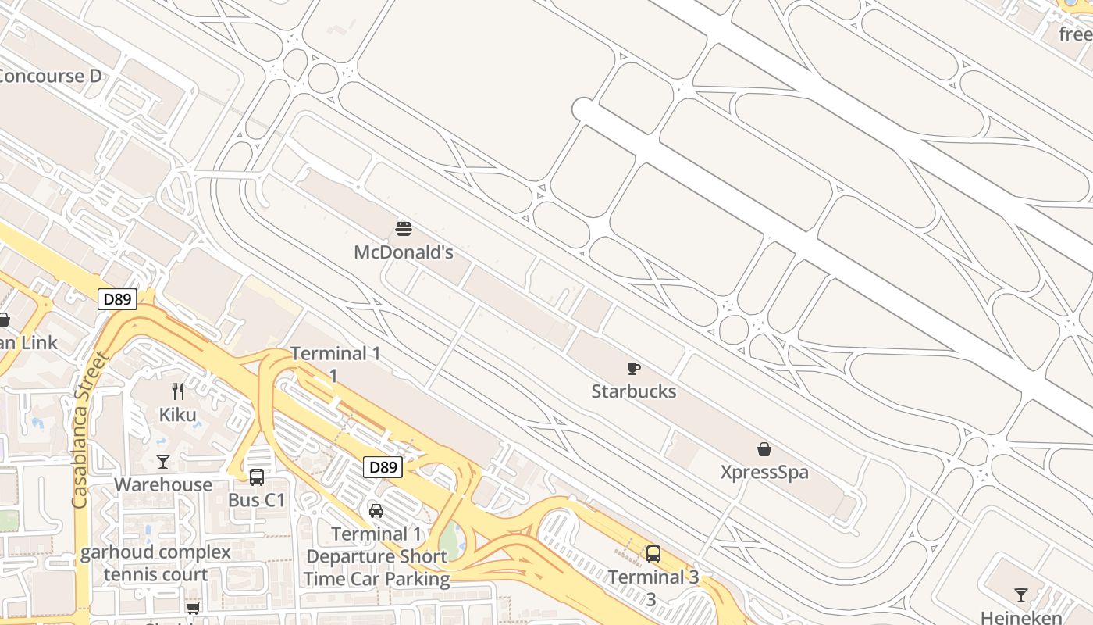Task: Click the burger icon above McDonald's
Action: coord(404,229)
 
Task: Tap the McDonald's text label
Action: coord(404,252)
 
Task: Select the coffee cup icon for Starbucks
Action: coord(634,368)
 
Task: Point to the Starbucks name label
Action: coord(634,391)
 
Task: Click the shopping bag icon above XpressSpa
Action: coord(764,449)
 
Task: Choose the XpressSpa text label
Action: coord(764,473)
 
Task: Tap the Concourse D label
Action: coord(51,76)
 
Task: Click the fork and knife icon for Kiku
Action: coord(178,391)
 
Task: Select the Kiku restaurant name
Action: coord(178,414)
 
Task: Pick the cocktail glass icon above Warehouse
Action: coord(163,462)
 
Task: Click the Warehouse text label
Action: coord(163,484)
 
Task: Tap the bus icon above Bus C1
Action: coord(257,477)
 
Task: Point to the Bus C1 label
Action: coord(257,500)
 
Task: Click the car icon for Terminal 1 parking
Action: coord(376,511)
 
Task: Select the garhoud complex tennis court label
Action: coord(156,563)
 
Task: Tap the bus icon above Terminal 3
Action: coord(653,554)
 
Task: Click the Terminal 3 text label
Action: coord(653,577)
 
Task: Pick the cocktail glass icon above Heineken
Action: coord(1021,595)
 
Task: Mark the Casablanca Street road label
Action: coord(91,430)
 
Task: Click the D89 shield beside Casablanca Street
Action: coord(117,298)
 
